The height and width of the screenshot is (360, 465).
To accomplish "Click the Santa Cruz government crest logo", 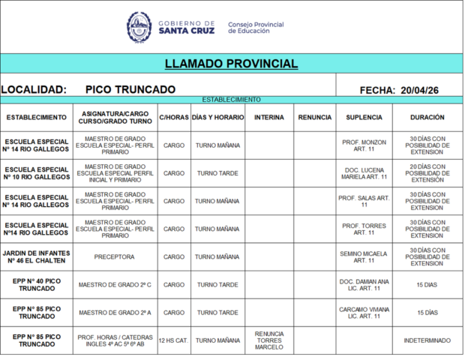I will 139,28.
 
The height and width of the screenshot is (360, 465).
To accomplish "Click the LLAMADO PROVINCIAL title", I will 231,64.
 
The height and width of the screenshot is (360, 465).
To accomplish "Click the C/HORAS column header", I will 174,118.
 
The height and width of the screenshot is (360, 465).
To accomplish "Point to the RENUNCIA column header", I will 314,118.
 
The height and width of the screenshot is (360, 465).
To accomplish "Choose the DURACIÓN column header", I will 427,118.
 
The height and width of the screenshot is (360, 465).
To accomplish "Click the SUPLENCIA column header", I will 364,118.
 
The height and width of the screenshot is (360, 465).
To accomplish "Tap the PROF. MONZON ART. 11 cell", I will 364,145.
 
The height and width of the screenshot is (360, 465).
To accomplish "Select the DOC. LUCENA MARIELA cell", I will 364,173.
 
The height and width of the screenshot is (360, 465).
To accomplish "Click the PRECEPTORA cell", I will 115,256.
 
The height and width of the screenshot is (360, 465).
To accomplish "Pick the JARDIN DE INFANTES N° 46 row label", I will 37,256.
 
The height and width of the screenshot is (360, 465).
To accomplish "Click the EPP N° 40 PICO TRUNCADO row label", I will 37,285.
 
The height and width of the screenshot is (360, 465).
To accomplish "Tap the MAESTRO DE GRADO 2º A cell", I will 115,313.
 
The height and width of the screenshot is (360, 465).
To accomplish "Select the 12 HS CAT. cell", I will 174,340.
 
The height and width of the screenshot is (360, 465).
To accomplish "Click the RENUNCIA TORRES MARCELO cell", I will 269,340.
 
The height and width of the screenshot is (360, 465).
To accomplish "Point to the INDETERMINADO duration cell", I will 427,340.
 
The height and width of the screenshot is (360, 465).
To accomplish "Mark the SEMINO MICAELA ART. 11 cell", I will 364,256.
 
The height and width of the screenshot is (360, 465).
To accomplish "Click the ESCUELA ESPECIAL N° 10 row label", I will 37,173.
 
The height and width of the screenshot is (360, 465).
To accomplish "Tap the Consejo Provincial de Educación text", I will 256,28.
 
